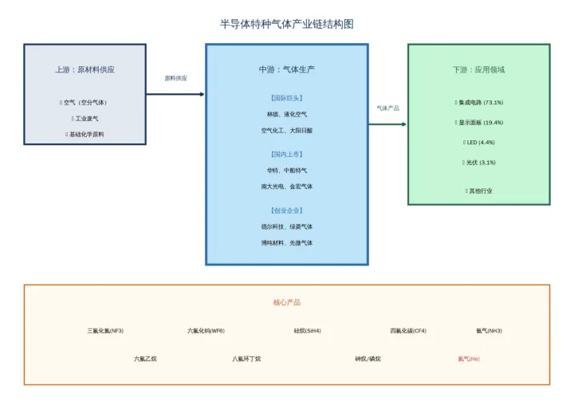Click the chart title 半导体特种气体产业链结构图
(286, 24)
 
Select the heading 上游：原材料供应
(85, 69)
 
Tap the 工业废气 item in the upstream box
(85, 118)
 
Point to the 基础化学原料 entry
(85, 134)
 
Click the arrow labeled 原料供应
(175, 94)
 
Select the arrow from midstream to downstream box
(387, 124)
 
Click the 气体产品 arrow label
(387, 108)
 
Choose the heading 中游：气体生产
(286, 69)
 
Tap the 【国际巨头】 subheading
(286, 98)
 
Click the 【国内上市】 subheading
(286, 154)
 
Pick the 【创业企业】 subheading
(286, 210)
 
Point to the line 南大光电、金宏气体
(286, 186)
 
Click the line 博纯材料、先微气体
(286, 242)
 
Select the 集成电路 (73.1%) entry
(479, 102)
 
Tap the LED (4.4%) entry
(479, 142)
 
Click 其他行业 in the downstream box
(479, 191)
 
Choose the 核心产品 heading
(286, 302)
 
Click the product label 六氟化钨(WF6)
(206, 330)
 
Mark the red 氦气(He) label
(469, 359)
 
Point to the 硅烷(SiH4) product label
(307, 330)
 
